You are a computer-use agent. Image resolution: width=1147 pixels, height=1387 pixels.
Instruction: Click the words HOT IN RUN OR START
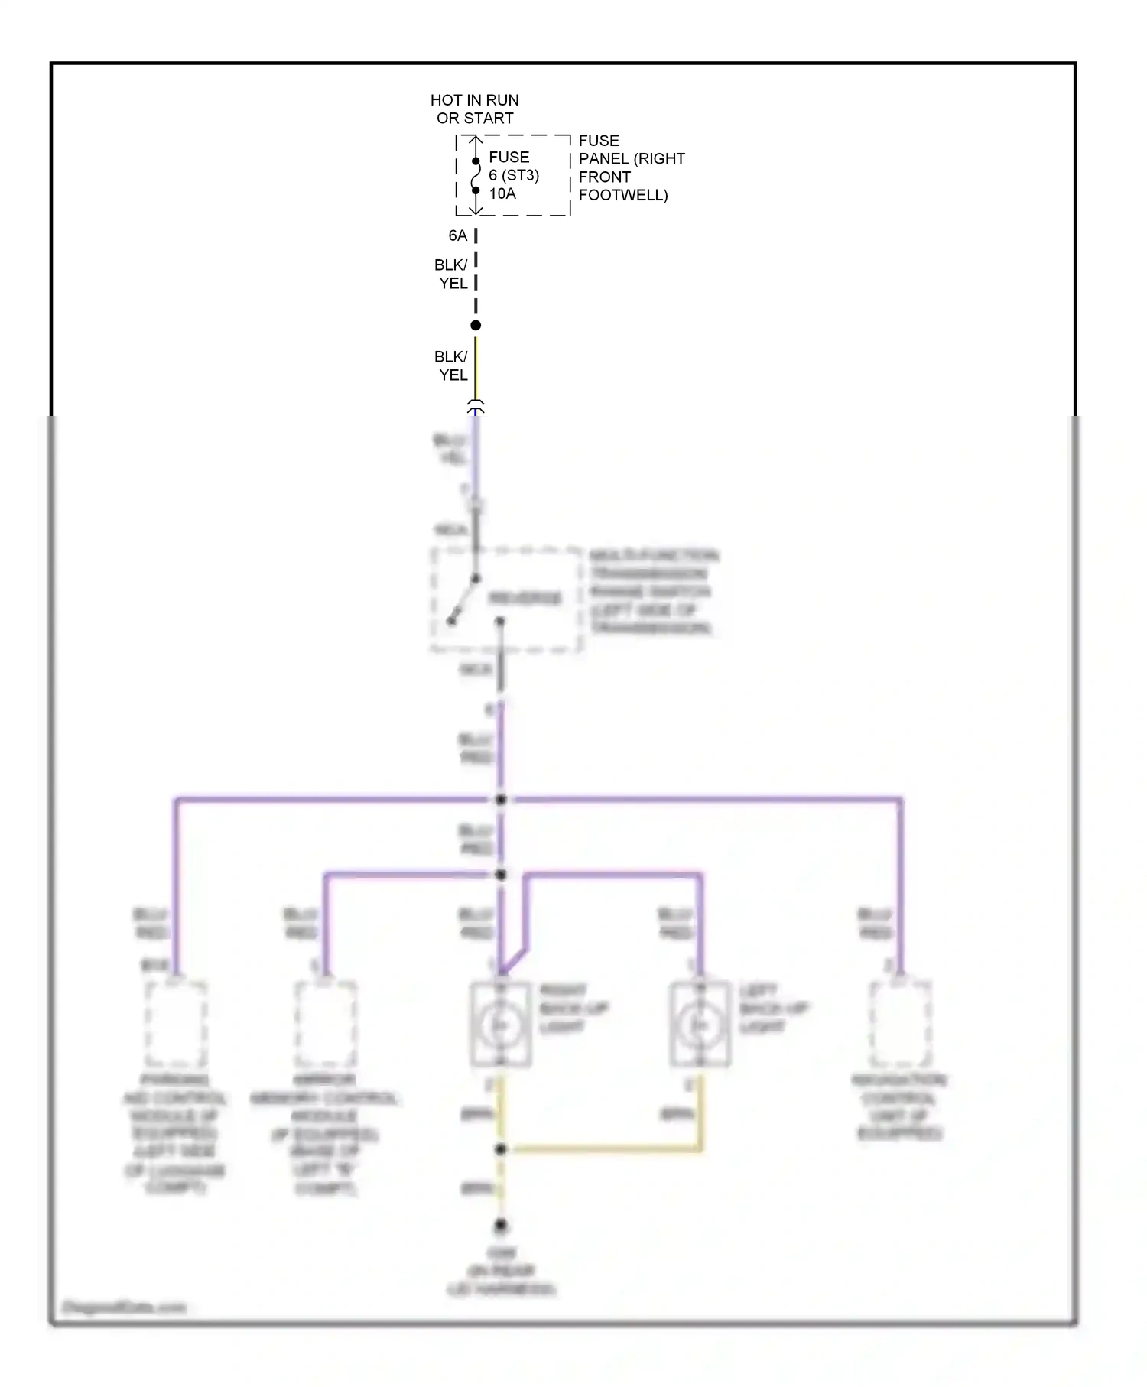pyautogui.click(x=474, y=109)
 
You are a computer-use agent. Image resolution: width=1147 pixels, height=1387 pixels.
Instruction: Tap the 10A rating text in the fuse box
pyautogui.click(x=502, y=194)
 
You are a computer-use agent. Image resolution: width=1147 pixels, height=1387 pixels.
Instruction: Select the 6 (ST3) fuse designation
pyautogui.click(x=514, y=175)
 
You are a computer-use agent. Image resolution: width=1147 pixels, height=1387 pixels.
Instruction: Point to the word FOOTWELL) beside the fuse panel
pyautogui.click(x=623, y=195)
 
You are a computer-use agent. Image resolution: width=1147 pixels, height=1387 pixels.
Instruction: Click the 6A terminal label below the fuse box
pyautogui.click(x=457, y=235)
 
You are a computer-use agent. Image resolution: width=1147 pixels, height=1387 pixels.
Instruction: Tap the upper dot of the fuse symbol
pyautogui.click(x=476, y=161)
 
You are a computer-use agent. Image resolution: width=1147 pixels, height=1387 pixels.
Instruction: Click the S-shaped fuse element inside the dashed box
pyautogui.click(x=476, y=176)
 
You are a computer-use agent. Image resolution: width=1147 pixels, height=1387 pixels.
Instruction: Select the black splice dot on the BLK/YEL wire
pyautogui.click(x=476, y=326)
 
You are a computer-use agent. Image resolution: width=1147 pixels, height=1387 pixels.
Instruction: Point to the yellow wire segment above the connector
pyautogui.click(x=476, y=367)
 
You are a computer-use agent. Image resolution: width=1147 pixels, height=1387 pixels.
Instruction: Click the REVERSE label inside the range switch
pyautogui.click(x=525, y=598)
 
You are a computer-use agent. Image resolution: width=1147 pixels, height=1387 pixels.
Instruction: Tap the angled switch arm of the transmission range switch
pyautogui.click(x=463, y=601)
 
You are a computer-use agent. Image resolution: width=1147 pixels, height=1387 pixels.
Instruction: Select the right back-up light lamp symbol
pyautogui.click(x=501, y=1024)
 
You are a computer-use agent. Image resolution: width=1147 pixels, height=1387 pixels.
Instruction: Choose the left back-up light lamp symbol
pyautogui.click(x=700, y=1024)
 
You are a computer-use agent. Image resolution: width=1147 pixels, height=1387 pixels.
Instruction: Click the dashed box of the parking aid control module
pyautogui.click(x=176, y=1024)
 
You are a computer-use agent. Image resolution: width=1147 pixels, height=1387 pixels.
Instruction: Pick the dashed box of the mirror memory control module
pyautogui.click(x=326, y=1024)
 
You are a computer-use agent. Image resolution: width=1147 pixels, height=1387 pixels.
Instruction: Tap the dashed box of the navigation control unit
pyautogui.click(x=901, y=1024)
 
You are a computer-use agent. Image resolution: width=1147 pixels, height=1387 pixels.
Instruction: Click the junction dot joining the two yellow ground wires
pyautogui.click(x=501, y=1149)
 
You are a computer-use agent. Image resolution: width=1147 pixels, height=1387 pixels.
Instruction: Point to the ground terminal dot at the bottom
pyautogui.click(x=501, y=1226)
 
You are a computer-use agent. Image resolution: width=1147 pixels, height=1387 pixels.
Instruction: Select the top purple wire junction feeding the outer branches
pyautogui.click(x=501, y=800)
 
